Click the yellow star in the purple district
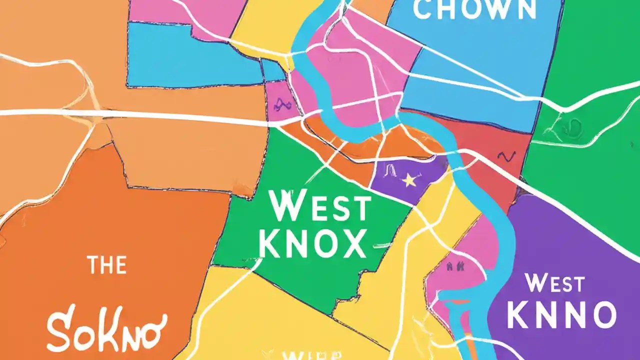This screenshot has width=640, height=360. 409,180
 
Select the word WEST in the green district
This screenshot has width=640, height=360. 320,207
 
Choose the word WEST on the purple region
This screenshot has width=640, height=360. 555,284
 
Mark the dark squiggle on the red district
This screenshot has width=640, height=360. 505,157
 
